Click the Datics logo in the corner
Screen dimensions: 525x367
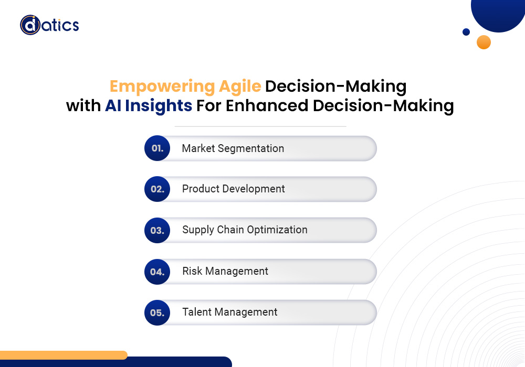(49, 25)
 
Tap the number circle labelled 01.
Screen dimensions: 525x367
(157, 148)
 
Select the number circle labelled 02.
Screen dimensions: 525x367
(157, 189)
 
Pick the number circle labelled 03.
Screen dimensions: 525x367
(157, 230)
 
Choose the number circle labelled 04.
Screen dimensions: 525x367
(157, 272)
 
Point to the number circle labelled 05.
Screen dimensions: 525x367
(157, 312)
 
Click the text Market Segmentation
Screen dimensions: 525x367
(233, 148)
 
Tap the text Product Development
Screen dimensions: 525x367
(234, 189)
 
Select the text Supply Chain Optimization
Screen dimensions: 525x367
(245, 230)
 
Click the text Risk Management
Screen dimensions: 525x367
(225, 271)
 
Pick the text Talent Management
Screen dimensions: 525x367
(230, 312)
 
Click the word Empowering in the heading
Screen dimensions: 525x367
(162, 87)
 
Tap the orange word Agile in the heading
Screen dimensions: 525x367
(240, 87)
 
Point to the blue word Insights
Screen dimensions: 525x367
(159, 106)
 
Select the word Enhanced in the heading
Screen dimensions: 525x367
(267, 105)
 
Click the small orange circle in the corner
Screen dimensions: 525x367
(484, 42)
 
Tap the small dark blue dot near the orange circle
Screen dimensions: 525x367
(466, 32)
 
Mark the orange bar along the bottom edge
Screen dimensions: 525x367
(64, 355)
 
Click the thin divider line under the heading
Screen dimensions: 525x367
(260, 126)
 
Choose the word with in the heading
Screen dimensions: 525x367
(83, 105)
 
